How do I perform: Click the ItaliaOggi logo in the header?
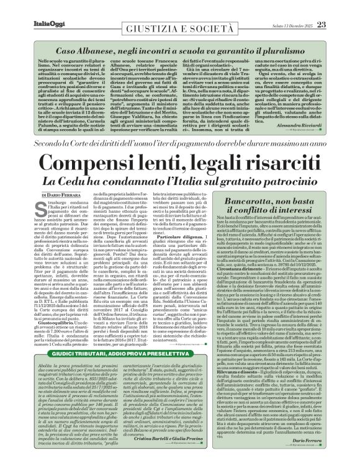[25, 7]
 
